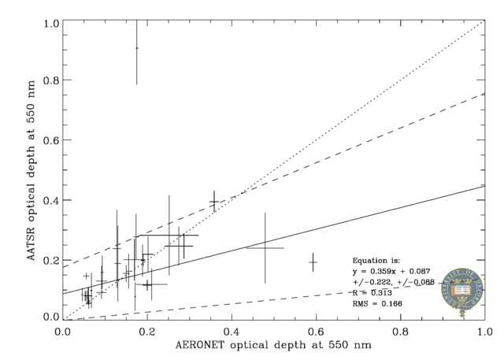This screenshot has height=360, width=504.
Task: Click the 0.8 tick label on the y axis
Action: (51, 80)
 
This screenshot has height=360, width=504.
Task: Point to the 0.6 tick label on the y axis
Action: (51, 140)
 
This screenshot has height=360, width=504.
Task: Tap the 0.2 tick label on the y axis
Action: (51, 259)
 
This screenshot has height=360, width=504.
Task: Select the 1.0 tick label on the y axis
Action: (51, 21)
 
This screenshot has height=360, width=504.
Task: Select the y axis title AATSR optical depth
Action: (31, 169)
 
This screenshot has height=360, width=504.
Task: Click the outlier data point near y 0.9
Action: (136, 48)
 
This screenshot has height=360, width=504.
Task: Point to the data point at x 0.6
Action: (313, 262)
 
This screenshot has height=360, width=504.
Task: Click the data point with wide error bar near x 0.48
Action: (265, 247)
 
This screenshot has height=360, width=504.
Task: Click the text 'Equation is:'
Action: (376, 260)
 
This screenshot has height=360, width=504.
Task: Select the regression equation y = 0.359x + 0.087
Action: (391, 271)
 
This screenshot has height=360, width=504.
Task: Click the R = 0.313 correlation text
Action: (375, 292)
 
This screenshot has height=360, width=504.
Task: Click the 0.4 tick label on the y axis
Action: (51, 200)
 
